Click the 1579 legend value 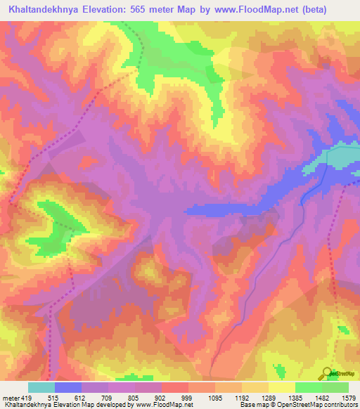pyautogui.click(x=347, y=398)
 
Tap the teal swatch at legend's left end pyautogui.click(x=41, y=387)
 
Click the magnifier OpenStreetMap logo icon pyautogui.click(x=327, y=373)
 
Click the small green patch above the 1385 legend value pyautogui.click(x=281, y=369)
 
